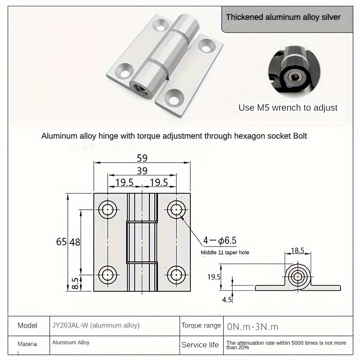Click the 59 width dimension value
(x=143, y=158)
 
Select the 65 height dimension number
(x=62, y=242)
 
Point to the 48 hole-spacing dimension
(x=75, y=242)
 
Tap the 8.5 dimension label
(x=75, y=283)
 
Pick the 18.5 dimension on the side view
(x=297, y=250)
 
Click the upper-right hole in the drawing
(x=176, y=210)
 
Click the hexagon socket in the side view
(x=297, y=277)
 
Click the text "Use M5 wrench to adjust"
(x=288, y=108)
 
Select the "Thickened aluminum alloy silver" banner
(x=283, y=18)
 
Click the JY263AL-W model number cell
(x=95, y=325)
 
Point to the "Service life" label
(x=200, y=345)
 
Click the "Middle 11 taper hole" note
(x=225, y=252)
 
